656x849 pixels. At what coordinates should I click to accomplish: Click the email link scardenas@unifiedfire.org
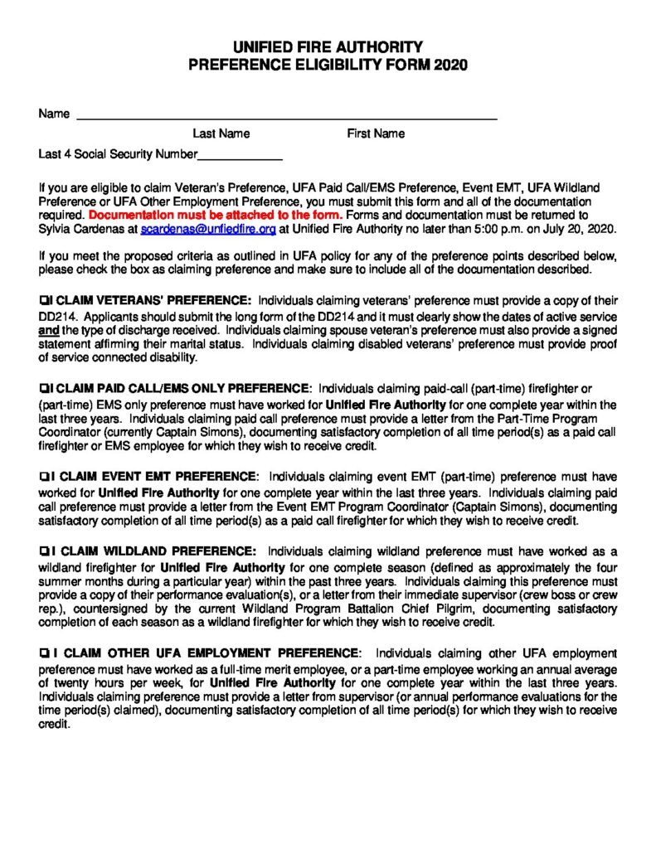(x=207, y=228)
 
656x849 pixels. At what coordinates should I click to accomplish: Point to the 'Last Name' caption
(x=221, y=133)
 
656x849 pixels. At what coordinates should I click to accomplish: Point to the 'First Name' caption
(x=376, y=133)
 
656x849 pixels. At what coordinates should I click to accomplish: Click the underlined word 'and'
(x=48, y=330)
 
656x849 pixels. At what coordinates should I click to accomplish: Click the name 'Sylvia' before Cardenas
(x=56, y=228)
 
